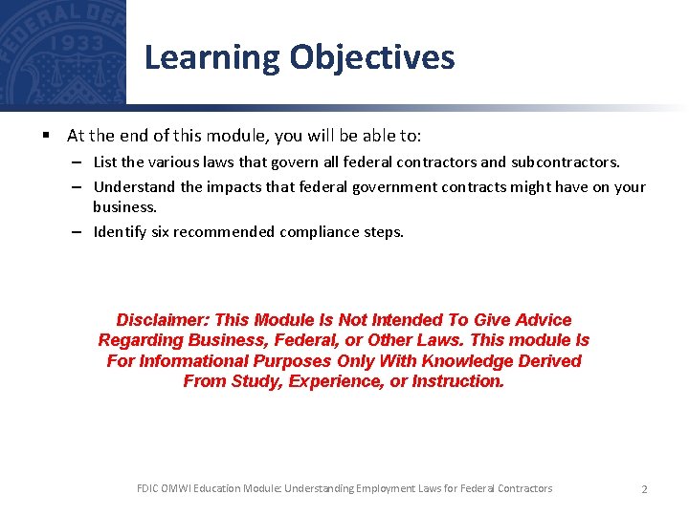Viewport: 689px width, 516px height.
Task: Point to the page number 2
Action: point(644,489)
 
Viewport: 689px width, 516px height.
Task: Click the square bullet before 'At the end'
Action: point(45,137)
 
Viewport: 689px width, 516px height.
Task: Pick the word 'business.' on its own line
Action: point(124,206)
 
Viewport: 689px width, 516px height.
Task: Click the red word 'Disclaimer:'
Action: point(164,320)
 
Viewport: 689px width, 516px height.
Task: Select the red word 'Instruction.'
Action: point(457,381)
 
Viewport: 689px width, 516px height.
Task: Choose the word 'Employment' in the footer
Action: point(386,488)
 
